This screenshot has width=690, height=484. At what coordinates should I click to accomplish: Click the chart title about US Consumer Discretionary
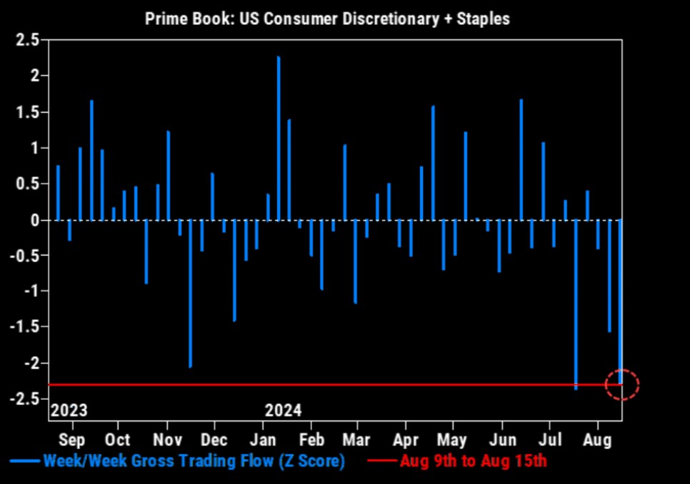tap(327, 19)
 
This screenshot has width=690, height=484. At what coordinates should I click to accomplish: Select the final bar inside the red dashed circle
tap(621, 300)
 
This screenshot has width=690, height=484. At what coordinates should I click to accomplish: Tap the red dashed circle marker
tap(622, 385)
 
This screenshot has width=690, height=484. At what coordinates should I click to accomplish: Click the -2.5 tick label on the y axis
tap(25, 399)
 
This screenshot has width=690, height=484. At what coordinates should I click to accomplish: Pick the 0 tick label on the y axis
tap(34, 220)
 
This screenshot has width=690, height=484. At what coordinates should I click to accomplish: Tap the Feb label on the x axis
tap(311, 439)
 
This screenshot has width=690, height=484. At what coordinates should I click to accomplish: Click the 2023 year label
tap(69, 411)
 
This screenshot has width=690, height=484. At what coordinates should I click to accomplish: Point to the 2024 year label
tap(283, 411)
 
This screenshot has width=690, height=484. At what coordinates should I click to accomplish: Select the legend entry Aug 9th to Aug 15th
tap(474, 461)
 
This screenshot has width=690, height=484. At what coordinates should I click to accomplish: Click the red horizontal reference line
tap(321, 385)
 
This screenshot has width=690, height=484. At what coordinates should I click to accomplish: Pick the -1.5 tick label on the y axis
tap(25, 327)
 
